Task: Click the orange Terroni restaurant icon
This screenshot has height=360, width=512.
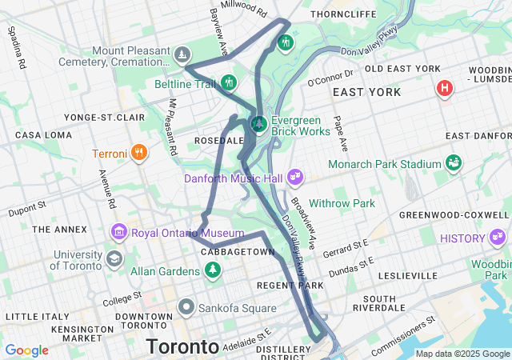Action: [x=139, y=152]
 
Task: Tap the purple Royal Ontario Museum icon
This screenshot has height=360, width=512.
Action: [x=120, y=233]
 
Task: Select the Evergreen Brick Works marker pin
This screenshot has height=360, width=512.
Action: [x=258, y=124]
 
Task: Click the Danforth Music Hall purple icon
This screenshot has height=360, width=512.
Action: [x=294, y=174]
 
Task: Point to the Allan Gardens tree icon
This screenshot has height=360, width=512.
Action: [x=213, y=270]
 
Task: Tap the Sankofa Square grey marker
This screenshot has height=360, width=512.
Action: [x=186, y=306]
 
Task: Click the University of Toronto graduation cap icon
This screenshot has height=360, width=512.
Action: [x=114, y=259]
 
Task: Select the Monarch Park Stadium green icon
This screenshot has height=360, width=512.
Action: [x=454, y=162]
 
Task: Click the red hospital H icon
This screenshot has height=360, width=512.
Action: [x=444, y=88]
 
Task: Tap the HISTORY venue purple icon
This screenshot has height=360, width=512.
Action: [x=498, y=237]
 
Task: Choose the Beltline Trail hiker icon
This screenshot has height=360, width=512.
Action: [x=230, y=82]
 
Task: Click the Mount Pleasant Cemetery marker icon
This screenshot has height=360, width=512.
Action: [x=184, y=54]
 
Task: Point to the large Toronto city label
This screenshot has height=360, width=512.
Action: [x=182, y=347]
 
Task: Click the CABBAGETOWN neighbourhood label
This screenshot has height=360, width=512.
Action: [x=237, y=252]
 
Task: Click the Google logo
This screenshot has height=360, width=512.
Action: [x=27, y=350]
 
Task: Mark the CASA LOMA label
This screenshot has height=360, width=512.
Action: [x=38, y=135]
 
